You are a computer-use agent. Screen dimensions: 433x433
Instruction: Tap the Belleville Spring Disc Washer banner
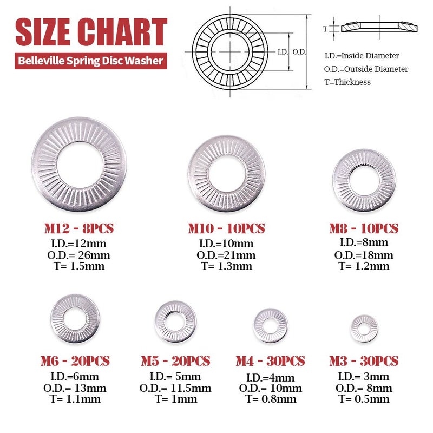point(91,61)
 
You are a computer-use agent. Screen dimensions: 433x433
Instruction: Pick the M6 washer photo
point(75,318)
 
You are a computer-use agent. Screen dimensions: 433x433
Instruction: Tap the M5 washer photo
point(174,322)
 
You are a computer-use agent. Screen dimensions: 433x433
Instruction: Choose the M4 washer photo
point(270,325)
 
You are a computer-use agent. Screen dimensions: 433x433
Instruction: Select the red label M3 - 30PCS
point(364,361)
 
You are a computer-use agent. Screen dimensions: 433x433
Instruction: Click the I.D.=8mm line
point(364,243)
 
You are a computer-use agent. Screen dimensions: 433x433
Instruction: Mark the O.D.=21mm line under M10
point(226,255)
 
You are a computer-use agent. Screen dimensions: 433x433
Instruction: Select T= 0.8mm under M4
point(271,399)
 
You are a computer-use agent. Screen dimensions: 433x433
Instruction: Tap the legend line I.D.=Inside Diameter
point(362,56)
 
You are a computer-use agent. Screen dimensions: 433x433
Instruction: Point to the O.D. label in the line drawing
point(299,52)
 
